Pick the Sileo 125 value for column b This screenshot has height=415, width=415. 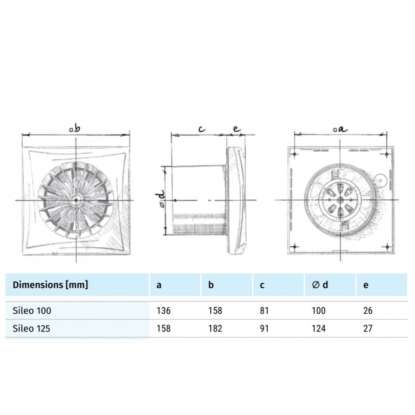(x=215, y=328)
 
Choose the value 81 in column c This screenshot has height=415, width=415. (x=264, y=312)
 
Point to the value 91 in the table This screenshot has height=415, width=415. (x=264, y=328)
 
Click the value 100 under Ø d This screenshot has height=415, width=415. (x=319, y=312)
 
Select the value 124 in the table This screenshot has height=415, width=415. (x=319, y=328)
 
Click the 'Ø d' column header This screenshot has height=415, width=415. (x=320, y=285)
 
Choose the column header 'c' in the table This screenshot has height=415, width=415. (x=262, y=285)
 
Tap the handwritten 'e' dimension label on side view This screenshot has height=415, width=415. (x=236, y=129)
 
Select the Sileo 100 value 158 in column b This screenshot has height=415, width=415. (x=215, y=312)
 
